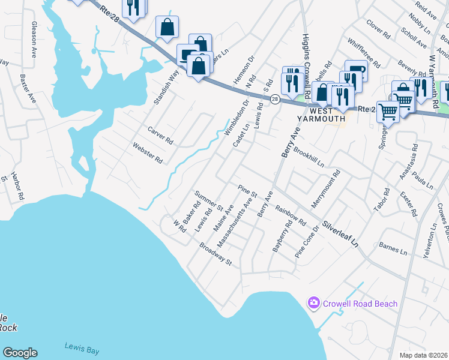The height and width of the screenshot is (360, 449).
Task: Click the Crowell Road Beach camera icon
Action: (313, 303)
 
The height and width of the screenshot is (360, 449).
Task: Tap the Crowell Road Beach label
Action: (360, 304)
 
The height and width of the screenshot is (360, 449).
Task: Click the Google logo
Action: (20, 353)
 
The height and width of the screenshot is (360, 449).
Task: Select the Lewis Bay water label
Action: (82, 349)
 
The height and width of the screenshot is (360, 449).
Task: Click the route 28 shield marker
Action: (274, 99)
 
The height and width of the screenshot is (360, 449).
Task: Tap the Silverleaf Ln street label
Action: (340, 235)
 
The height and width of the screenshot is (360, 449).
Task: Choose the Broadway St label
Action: (215, 255)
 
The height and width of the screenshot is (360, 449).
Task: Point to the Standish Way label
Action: (166, 87)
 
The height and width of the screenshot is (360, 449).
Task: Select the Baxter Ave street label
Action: (28, 89)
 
